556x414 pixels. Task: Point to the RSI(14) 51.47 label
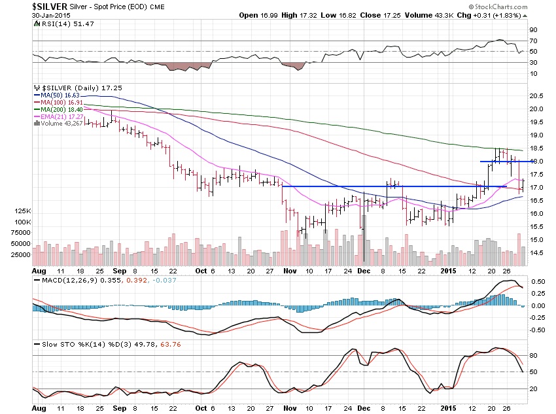click(x=60, y=23)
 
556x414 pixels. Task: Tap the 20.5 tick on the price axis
click(x=537, y=95)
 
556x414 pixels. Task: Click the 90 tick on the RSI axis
click(x=533, y=29)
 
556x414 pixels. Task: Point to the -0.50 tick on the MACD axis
click(x=538, y=330)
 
